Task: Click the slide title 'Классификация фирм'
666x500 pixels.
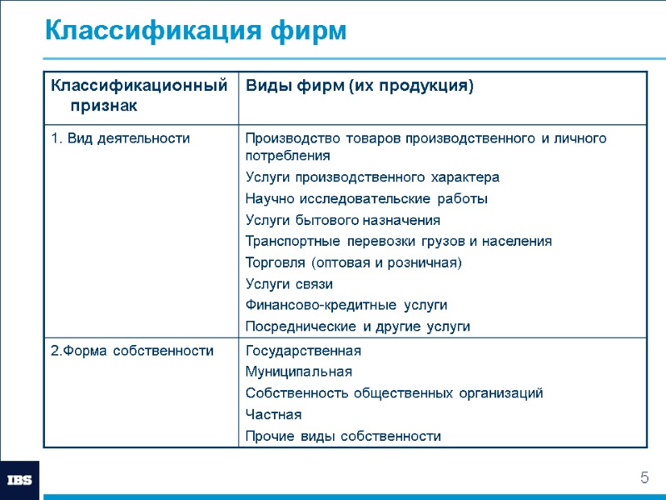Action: coord(195,31)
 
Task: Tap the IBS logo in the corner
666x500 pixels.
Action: coord(19,480)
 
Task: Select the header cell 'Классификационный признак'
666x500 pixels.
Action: coord(138,95)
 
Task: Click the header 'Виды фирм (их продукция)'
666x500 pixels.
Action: coord(359,86)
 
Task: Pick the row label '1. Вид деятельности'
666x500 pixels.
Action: coord(120,138)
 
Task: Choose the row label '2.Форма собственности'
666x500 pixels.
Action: coord(132,351)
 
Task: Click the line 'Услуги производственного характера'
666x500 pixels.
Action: coord(372,177)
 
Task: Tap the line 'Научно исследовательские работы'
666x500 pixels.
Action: coord(366,199)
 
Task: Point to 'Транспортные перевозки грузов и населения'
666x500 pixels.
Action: coord(398,242)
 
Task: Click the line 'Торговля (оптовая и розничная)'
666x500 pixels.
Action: coord(353,262)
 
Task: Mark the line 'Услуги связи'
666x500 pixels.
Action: coord(289,284)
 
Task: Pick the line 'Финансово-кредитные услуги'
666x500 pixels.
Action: coord(346,305)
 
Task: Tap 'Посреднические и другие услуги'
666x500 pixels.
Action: coord(357,327)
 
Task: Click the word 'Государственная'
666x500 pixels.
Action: coord(303,351)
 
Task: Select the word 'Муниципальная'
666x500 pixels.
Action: coord(298,372)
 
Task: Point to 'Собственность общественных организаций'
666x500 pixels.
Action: coord(394,393)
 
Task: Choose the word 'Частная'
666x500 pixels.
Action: coord(274,414)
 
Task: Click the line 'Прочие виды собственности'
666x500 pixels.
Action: coord(343,436)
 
